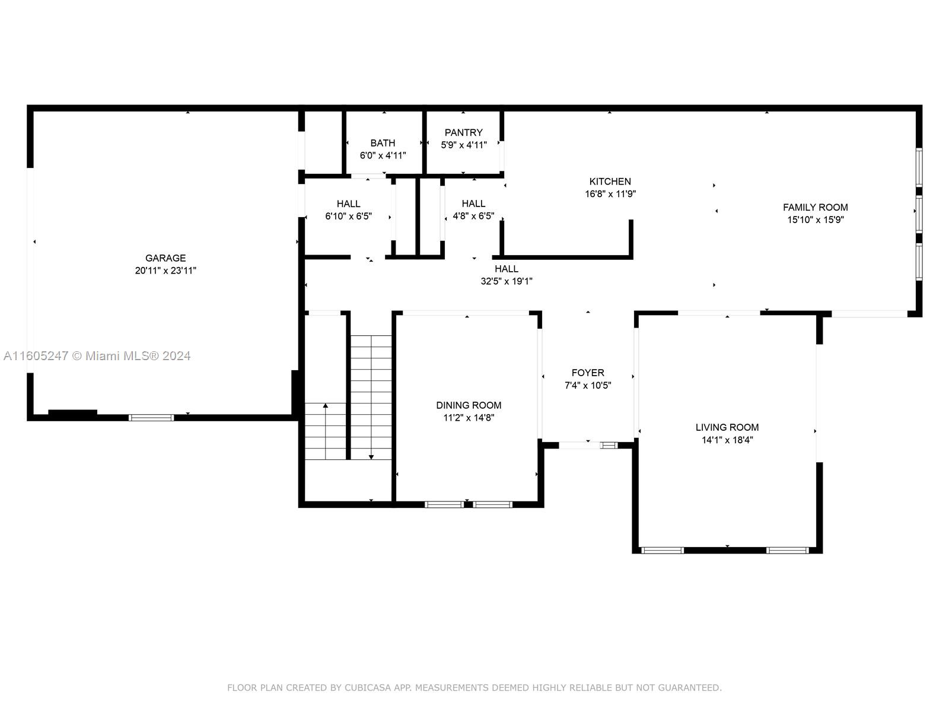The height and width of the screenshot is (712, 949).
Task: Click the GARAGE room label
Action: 165,258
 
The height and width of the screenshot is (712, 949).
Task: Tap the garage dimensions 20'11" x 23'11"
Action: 165,271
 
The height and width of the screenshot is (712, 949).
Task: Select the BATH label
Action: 383,143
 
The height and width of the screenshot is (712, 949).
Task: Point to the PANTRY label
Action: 463,133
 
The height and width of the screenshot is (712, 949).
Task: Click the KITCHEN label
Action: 610,182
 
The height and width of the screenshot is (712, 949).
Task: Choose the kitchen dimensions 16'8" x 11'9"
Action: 610,194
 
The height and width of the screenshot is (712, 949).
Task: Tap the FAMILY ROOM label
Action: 816,208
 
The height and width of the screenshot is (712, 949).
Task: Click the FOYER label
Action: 588,373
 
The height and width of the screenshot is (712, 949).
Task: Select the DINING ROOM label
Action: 469,405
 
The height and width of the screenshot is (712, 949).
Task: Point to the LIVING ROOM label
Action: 727,428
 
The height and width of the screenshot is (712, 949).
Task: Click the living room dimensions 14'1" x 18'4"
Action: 727,440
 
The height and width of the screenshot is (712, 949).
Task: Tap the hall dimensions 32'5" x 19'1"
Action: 507,281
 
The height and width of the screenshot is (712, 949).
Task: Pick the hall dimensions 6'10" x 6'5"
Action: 349,216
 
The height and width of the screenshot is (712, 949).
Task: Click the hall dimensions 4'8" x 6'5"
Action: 473,216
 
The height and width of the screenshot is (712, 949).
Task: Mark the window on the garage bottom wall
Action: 151,418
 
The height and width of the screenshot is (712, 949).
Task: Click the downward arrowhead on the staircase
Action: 371,457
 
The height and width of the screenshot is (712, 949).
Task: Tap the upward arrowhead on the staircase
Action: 326,405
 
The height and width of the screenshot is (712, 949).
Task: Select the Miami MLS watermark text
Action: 97,356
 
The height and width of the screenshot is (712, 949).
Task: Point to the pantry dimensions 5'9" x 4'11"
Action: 463,145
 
